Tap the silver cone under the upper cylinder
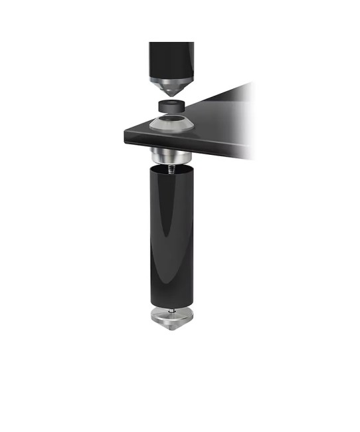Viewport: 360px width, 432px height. click(171, 86)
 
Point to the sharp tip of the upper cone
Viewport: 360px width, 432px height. click(171, 96)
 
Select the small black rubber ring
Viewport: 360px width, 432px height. click(171, 106)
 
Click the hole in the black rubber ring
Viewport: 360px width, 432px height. click(171, 102)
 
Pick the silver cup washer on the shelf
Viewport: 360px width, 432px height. click(171, 124)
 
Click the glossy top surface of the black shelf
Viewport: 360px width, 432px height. click(213, 113)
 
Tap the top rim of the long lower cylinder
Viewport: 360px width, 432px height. click(171, 170)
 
